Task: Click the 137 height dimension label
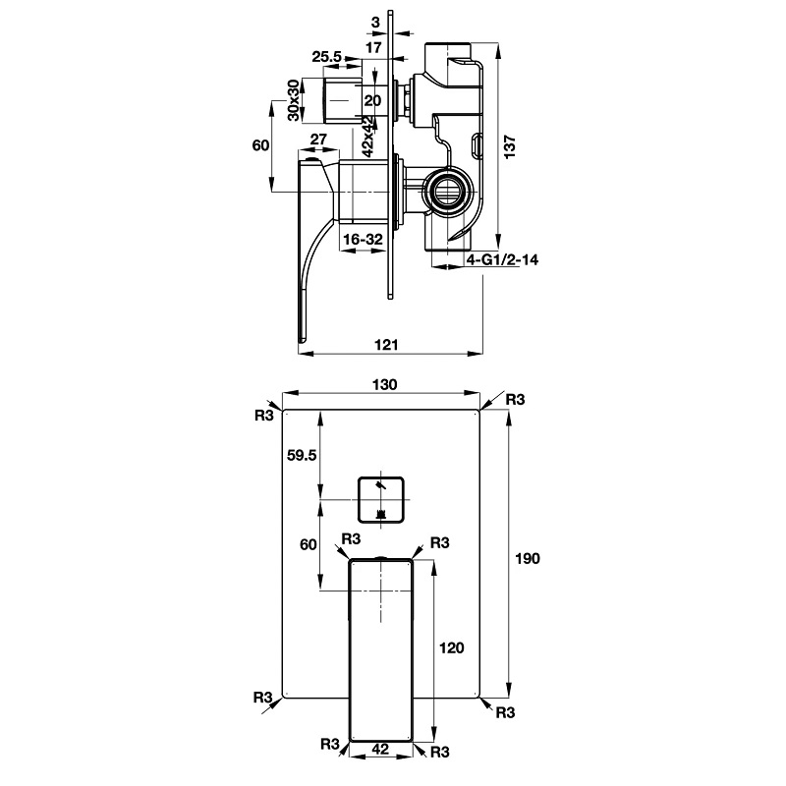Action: pyautogui.click(x=510, y=144)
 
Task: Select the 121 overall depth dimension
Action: pyautogui.click(x=386, y=343)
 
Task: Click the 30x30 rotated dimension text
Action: pyautogui.click(x=293, y=99)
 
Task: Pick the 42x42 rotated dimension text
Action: pyautogui.click(x=365, y=137)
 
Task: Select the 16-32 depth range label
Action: pyautogui.click(x=363, y=239)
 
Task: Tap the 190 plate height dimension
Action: pyautogui.click(x=528, y=558)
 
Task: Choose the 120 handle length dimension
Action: pyautogui.click(x=452, y=647)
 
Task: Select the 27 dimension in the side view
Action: pyautogui.click(x=318, y=140)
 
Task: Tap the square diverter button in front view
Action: pyautogui.click(x=381, y=499)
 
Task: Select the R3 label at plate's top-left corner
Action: pyautogui.click(x=262, y=416)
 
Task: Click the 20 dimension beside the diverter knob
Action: pyautogui.click(x=372, y=100)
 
